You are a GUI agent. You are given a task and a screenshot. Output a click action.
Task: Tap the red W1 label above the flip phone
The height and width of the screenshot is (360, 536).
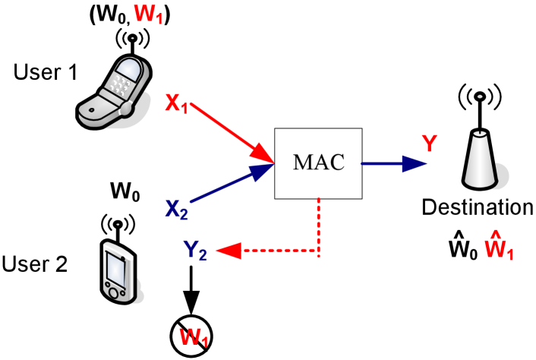tap(148, 14)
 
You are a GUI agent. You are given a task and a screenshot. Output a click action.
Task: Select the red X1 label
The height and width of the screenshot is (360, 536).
tap(176, 103)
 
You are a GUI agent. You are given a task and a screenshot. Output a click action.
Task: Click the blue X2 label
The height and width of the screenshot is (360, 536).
tap(176, 208)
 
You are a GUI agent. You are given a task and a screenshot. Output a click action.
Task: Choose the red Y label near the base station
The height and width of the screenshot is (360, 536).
tap(430, 143)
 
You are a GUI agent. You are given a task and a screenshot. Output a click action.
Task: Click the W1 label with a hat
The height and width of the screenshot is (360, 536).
tap(499, 246)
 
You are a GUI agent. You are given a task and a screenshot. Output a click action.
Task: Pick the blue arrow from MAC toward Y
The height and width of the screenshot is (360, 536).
tap(395, 163)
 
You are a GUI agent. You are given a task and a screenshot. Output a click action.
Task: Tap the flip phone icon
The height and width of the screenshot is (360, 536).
tap(112, 91)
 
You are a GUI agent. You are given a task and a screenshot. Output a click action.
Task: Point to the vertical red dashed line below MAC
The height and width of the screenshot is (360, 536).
tap(318, 224)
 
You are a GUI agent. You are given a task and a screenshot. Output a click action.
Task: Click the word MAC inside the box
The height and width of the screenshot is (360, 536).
tap(319, 162)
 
